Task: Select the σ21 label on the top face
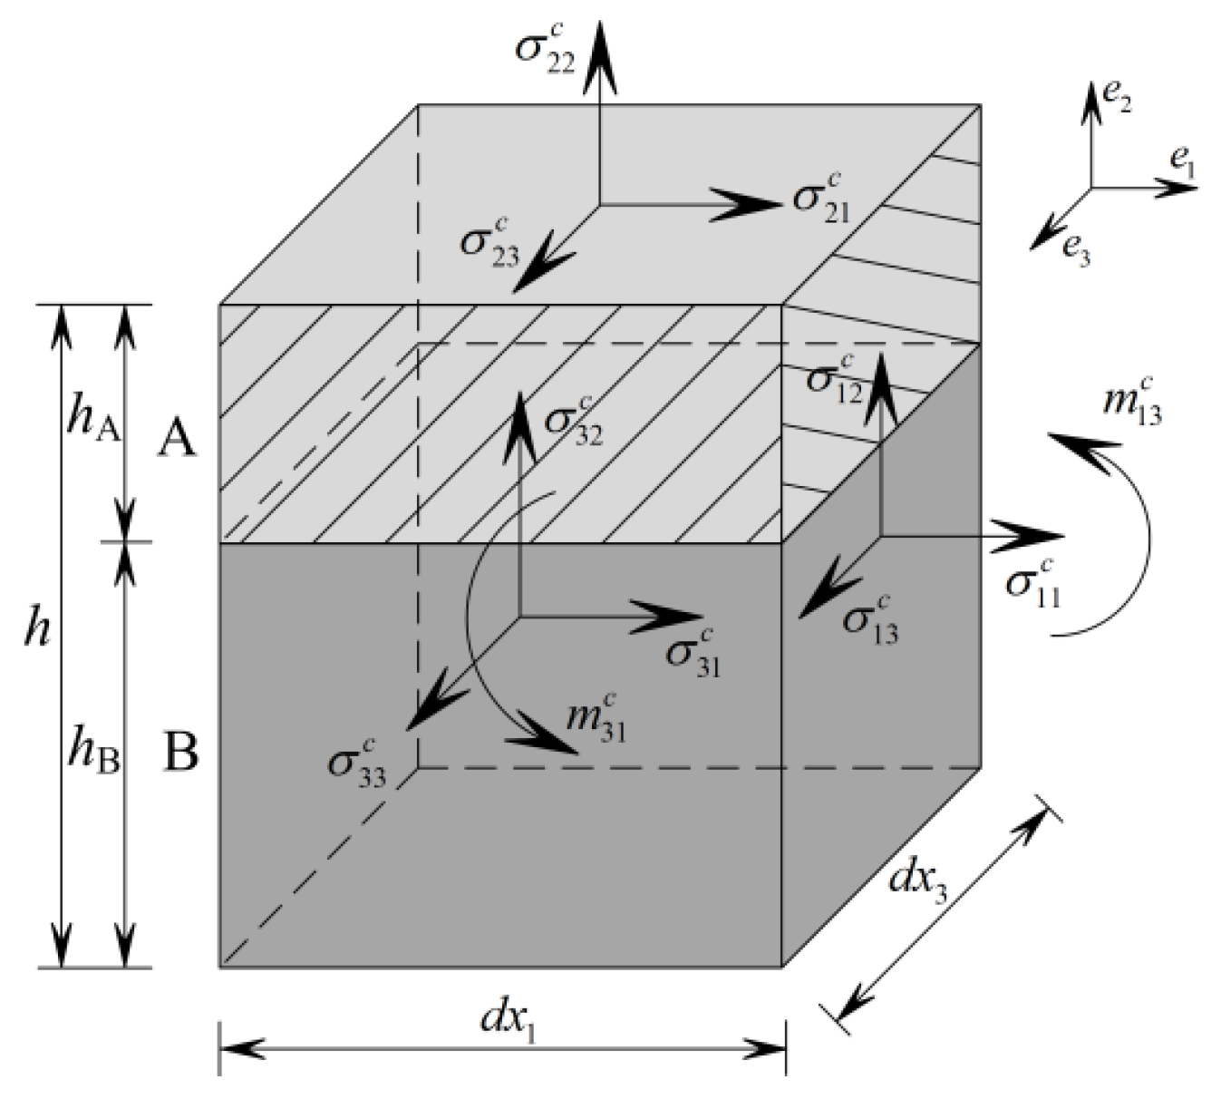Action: click(821, 199)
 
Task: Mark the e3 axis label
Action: click(1076, 247)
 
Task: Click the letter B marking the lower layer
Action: click(180, 752)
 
